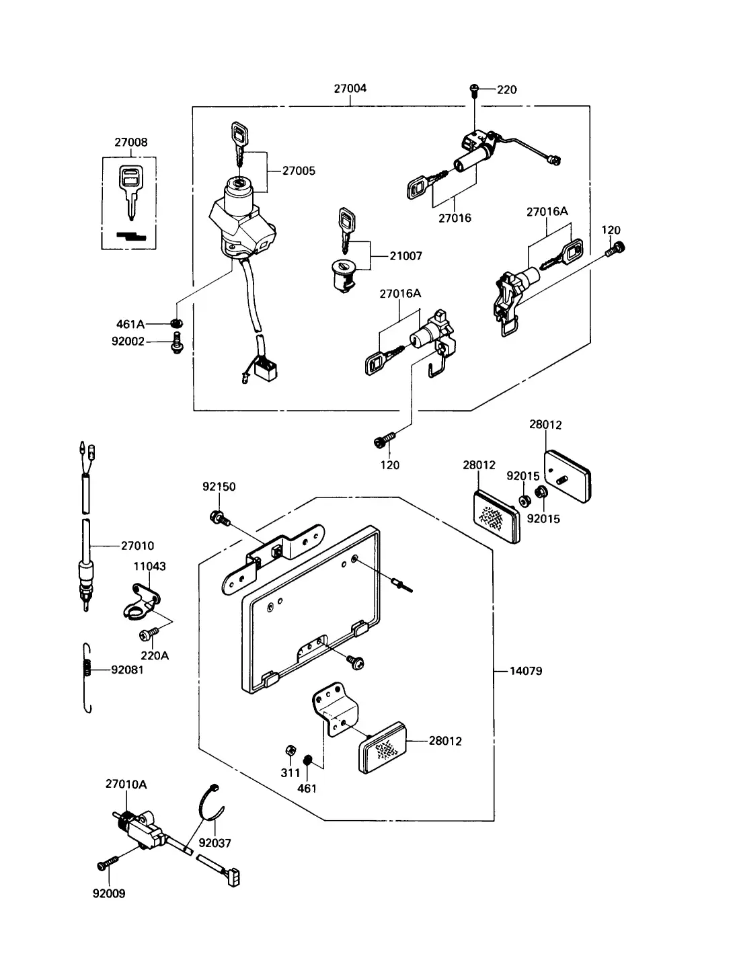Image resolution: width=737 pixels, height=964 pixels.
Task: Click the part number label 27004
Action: (x=350, y=88)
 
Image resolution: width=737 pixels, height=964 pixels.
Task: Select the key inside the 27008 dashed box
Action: (x=131, y=192)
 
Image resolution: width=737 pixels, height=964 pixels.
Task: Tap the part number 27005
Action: (x=299, y=170)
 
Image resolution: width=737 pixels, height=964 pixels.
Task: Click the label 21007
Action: (x=406, y=255)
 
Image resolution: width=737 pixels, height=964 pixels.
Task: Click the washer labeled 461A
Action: (x=177, y=323)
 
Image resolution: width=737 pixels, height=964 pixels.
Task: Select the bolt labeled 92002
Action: (x=177, y=343)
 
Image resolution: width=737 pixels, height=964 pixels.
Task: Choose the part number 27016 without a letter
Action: (x=455, y=218)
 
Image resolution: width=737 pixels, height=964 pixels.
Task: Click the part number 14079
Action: (x=526, y=671)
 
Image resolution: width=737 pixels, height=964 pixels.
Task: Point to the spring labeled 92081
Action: (x=87, y=678)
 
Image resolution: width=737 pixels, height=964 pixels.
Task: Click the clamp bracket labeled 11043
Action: (x=141, y=602)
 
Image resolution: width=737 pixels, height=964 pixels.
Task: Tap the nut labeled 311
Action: (x=290, y=750)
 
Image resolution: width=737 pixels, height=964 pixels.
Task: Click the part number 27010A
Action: (x=126, y=785)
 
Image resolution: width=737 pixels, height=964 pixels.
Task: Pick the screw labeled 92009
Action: (x=108, y=862)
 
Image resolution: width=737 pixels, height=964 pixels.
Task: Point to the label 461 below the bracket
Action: (x=307, y=789)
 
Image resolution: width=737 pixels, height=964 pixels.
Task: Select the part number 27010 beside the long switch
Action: (x=137, y=546)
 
